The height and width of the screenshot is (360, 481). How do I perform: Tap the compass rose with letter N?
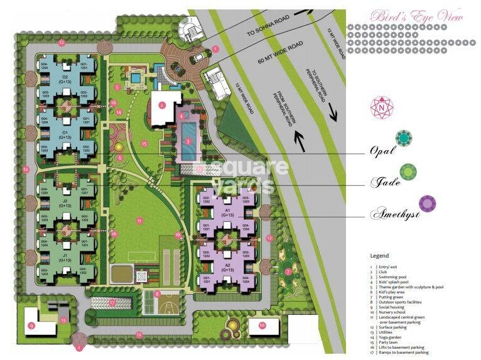[381, 108]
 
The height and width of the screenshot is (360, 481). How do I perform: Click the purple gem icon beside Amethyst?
[428, 204]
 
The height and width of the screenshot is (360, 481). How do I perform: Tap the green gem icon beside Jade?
[408, 171]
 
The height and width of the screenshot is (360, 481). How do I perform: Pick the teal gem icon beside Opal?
[403, 138]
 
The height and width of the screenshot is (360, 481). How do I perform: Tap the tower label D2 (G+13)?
[65, 80]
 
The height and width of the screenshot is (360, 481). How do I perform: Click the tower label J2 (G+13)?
[65, 204]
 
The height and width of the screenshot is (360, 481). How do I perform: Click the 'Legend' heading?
[379, 256]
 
